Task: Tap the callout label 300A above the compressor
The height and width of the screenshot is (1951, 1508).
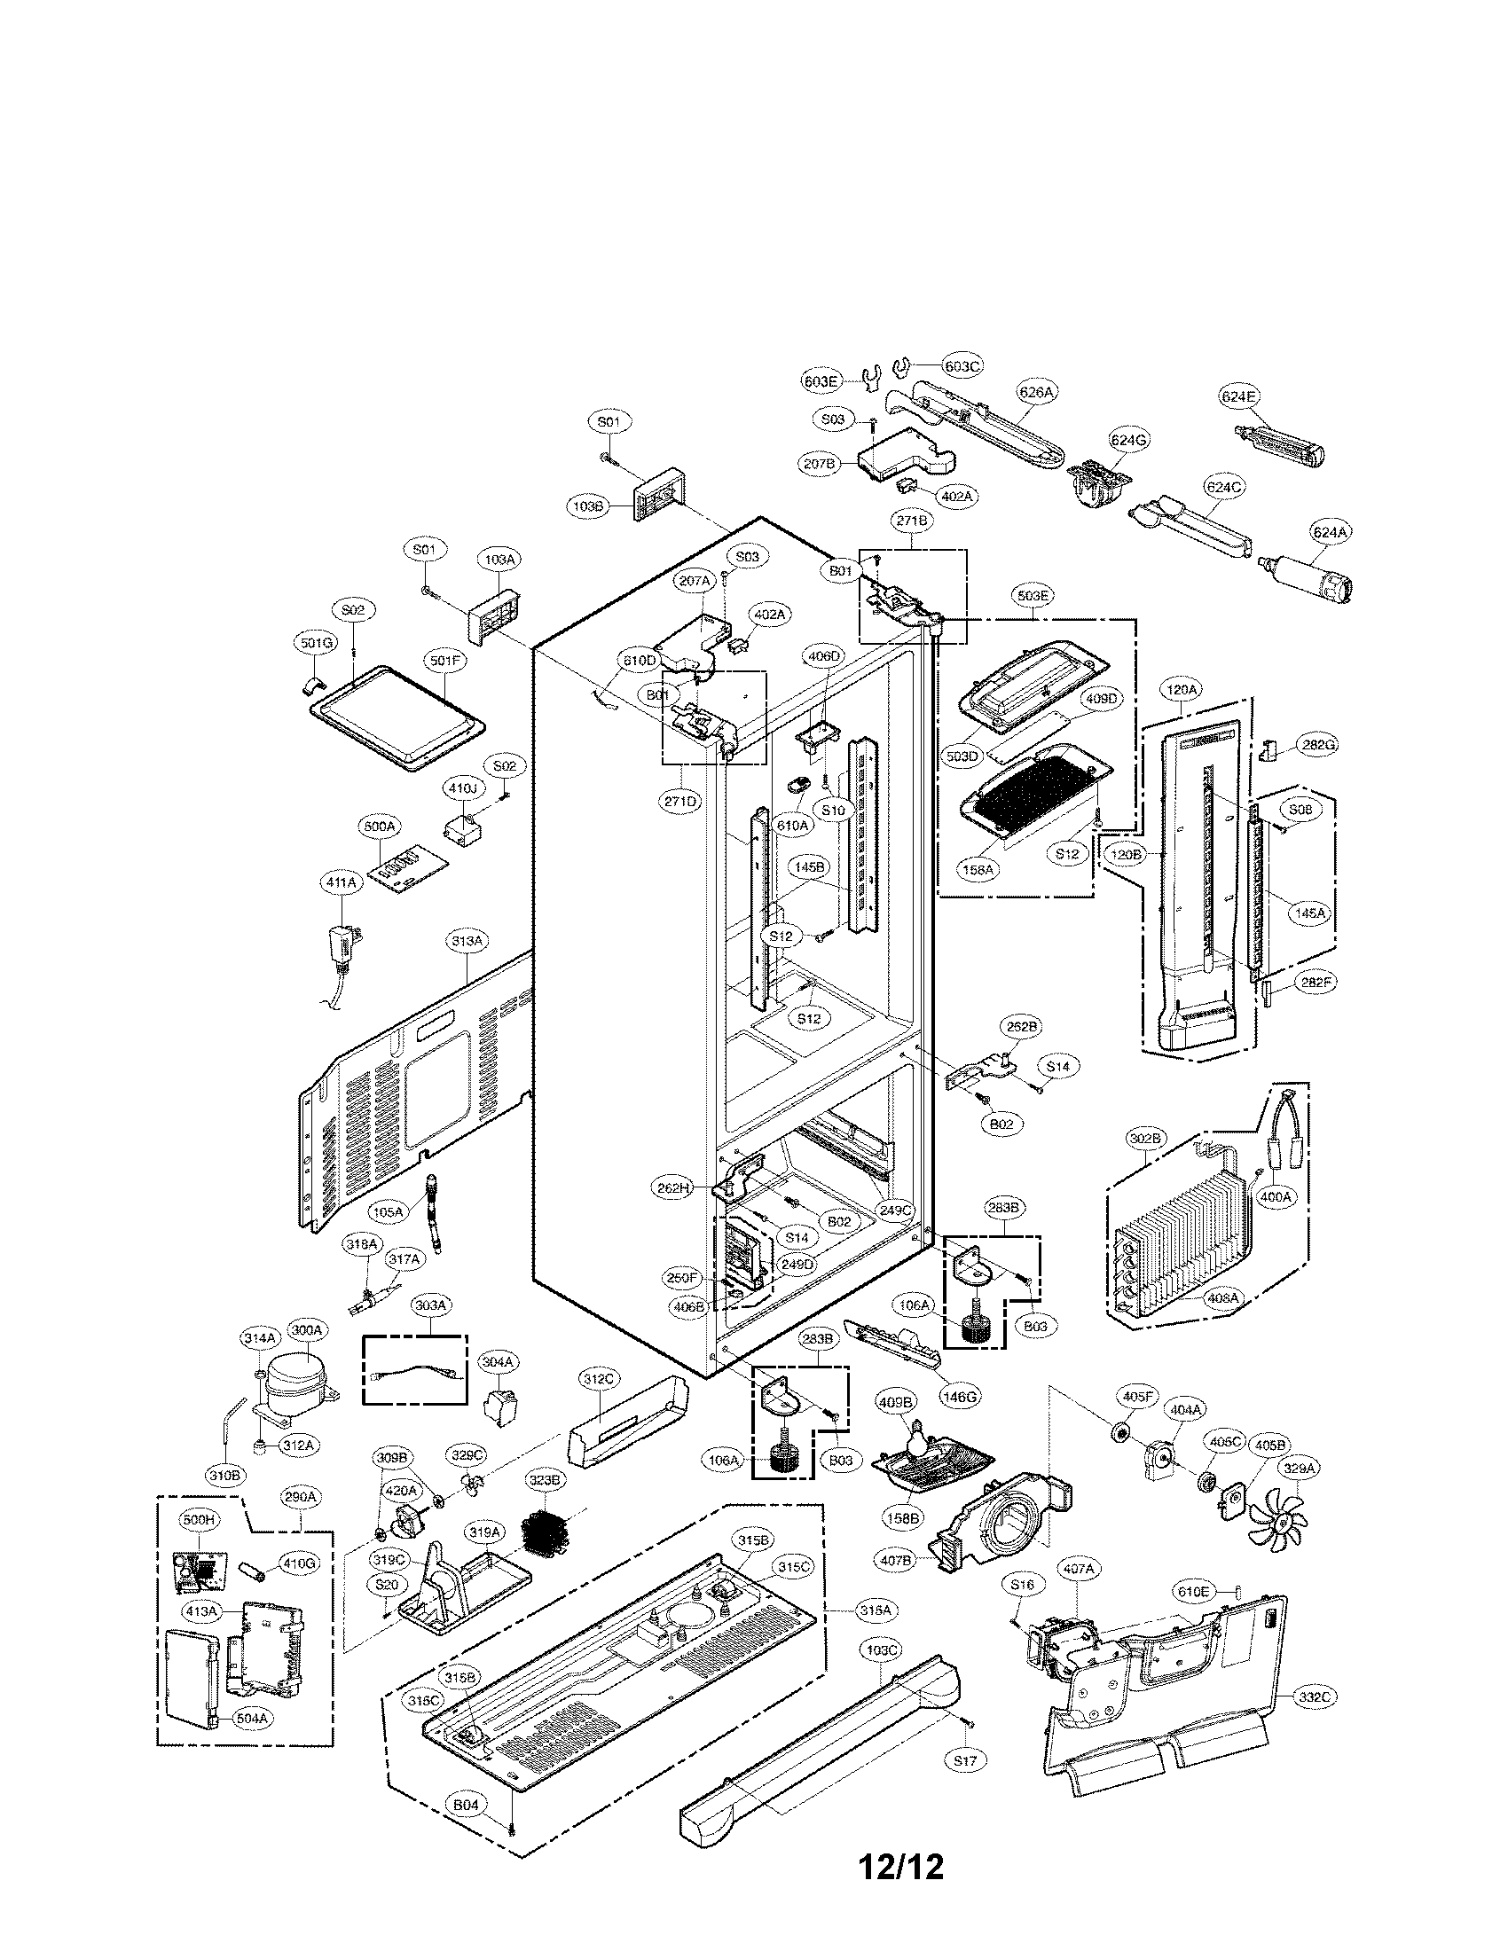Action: [306, 1355]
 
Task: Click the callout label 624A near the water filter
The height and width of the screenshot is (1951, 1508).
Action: [1330, 532]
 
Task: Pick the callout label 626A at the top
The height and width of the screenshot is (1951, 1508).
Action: [1036, 391]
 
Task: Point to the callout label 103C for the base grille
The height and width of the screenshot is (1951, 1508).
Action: [882, 1650]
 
